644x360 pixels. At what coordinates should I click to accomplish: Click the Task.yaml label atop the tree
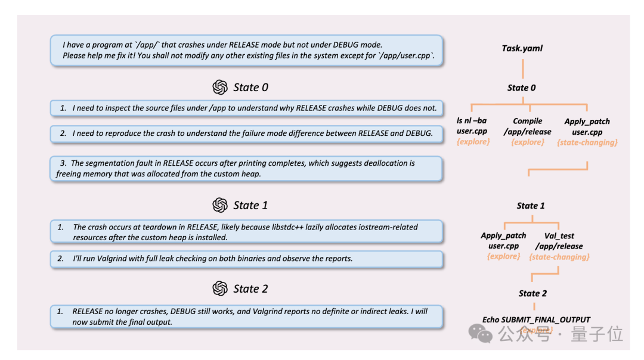(x=522, y=48)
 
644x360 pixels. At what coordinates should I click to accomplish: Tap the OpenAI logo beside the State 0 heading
(x=220, y=88)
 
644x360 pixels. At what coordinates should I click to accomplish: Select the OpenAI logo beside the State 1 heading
(x=220, y=205)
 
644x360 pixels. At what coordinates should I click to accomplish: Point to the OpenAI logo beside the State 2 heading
(x=220, y=288)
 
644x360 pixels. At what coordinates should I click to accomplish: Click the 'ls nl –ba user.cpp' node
(x=473, y=126)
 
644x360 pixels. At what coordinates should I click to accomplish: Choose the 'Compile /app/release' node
(x=527, y=126)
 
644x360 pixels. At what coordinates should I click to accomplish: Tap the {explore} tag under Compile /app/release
(x=527, y=142)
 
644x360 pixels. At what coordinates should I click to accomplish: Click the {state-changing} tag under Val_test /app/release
(x=559, y=257)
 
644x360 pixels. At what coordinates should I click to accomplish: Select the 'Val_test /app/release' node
(x=559, y=241)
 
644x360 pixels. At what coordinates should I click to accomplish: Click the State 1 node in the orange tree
(x=531, y=206)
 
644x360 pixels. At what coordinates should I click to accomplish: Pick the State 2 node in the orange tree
(x=532, y=293)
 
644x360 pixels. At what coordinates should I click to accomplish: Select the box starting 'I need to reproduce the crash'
(x=246, y=134)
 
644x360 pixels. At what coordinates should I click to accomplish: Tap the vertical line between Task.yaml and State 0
(x=522, y=67)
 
